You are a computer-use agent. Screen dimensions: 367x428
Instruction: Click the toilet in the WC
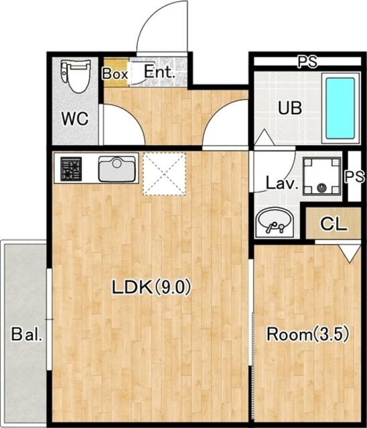tap(76, 76)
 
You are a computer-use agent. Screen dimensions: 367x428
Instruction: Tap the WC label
tap(75, 119)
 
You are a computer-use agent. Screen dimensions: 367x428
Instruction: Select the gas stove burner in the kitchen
tap(71, 169)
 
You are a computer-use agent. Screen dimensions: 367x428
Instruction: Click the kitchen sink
tap(117, 169)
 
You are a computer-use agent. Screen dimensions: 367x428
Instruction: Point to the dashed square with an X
tap(165, 174)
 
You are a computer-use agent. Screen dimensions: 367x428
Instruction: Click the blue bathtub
tap(340, 108)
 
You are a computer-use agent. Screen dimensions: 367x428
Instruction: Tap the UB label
tap(290, 108)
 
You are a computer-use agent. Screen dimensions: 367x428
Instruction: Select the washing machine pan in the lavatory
tap(322, 176)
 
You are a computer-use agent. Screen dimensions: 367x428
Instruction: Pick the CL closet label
tap(334, 224)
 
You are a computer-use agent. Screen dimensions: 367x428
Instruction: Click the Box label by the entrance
tap(115, 74)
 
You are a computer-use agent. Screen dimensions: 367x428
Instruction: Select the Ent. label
tap(159, 72)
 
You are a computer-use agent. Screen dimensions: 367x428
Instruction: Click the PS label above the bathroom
tap(307, 62)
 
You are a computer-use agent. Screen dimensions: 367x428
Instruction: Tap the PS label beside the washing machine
tap(354, 177)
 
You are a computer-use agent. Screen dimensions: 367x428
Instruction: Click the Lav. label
tap(282, 184)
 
